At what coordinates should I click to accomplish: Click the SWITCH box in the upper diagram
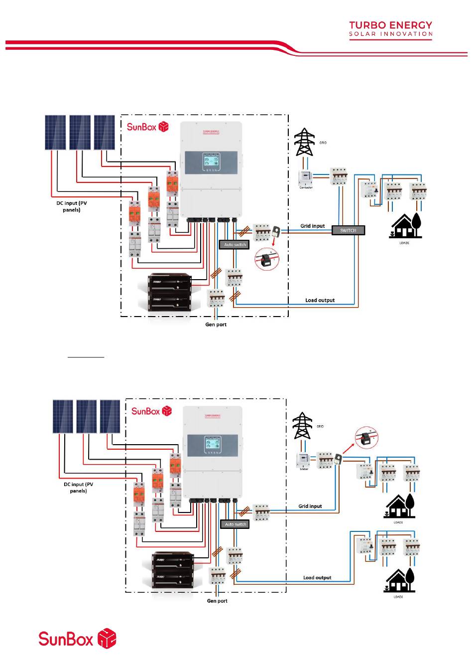pyautogui.click(x=348, y=230)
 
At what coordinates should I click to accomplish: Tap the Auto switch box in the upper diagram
pyautogui.click(x=235, y=245)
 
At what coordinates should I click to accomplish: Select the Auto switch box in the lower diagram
pyautogui.click(x=236, y=524)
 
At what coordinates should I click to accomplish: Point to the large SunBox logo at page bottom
pyautogui.click(x=77, y=639)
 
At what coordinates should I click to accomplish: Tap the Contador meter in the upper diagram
pyautogui.click(x=305, y=179)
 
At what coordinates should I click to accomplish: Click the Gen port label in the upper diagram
pyautogui.click(x=216, y=325)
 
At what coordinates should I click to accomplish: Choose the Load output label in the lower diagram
pyautogui.click(x=317, y=578)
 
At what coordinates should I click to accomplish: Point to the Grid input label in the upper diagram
pyautogui.click(x=312, y=226)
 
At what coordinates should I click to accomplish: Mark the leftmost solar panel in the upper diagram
pyautogui.click(x=55, y=133)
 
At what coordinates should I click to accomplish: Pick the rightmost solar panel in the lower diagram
pyautogui.click(x=110, y=416)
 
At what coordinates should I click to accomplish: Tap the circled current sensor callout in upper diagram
pyautogui.click(x=267, y=259)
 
